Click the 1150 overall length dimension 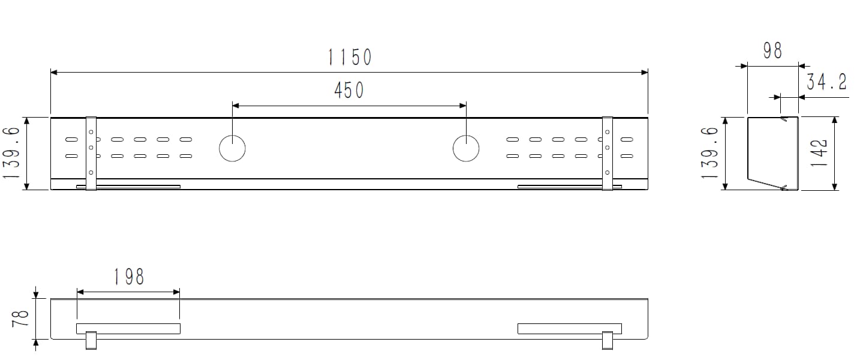pyautogui.click(x=350, y=57)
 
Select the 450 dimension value pyautogui.click(x=348, y=90)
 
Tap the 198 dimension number pyautogui.click(x=128, y=277)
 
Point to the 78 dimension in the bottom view pyautogui.click(x=20, y=318)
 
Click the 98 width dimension pyautogui.click(x=772, y=51)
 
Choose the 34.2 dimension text pyautogui.click(x=826, y=82)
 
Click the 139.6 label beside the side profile pyautogui.click(x=710, y=154)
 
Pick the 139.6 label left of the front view pyautogui.click(x=12, y=154)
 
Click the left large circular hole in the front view pyautogui.click(x=232, y=148)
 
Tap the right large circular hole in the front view pyautogui.click(x=465, y=148)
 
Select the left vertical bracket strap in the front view pyautogui.click(x=91, y=154)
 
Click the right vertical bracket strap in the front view pyautogui.click(x=607, y=154)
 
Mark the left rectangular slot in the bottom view pyautogui.click(x=128, y=329)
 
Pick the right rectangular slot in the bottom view pyautogui.click(x=569, y=329)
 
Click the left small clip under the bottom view pyautogui.click(x=91, y=340)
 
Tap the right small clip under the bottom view pyautogui.click(x=608, y=340)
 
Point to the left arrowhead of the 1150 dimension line pyautogui.click(x=54, y=73)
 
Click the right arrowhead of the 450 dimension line pyautogui.click(x=463, y=106)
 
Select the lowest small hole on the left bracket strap pyautogui.click(x=91, y=173)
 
